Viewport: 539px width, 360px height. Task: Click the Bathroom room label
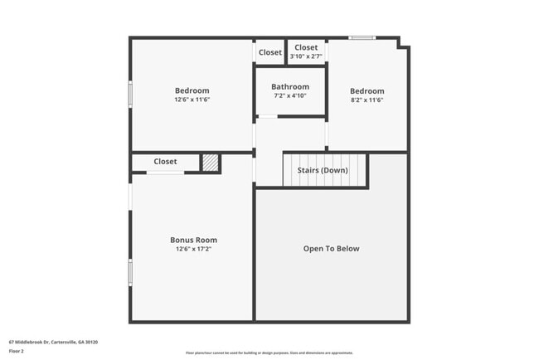[290, 86]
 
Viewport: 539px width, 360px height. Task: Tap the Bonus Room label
[193, 240]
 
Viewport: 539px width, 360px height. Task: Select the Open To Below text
[331, 248]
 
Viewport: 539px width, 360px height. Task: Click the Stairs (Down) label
[323, 170]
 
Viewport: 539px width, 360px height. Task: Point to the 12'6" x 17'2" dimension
[193, 249]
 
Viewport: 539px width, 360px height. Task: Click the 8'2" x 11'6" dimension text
[367, 100]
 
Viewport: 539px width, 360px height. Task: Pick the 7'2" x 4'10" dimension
[290, 95]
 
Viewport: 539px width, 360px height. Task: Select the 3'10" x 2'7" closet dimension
[306, 56]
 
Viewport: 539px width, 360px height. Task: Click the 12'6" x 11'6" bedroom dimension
[192, 100]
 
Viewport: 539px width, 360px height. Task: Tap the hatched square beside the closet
[211, 163]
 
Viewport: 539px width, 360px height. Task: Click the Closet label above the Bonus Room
[165, 162]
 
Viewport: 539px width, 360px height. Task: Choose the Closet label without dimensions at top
[269, 52]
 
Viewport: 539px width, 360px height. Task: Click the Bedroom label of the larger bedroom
[192, 90]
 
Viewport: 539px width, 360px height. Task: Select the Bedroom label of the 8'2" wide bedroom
[367, 90]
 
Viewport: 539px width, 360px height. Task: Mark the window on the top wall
[362, 37]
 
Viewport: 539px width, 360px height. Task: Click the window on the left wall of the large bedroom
[129, 93]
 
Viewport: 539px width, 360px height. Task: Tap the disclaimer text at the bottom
[269, 353]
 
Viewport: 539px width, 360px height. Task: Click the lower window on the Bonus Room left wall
[129, 272]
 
